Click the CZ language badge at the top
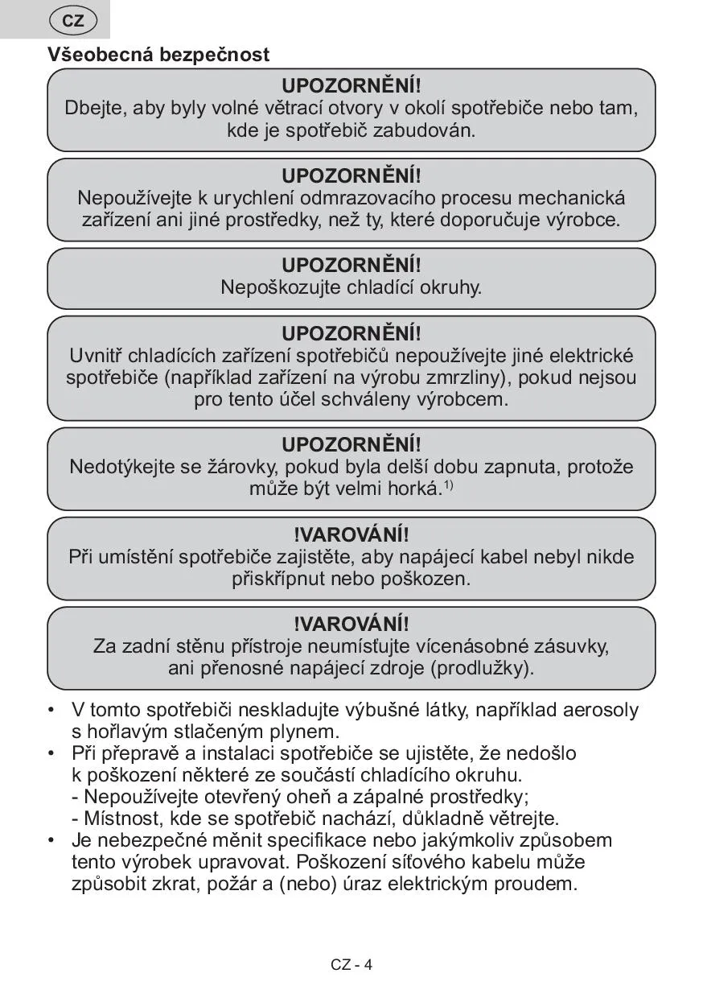click(73, 21)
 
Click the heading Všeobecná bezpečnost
click(158, 55)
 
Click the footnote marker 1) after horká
click(449, 485)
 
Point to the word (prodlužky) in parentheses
click(483, 668)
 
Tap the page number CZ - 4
click(351, 965)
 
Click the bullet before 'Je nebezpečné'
click(52, 840)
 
